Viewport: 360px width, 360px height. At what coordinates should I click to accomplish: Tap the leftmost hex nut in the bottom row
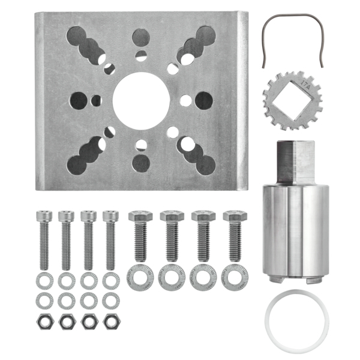(44, 321)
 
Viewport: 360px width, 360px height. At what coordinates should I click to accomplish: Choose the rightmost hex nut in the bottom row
(110, 321)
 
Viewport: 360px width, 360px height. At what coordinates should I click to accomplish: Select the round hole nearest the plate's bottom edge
(141, 163)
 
